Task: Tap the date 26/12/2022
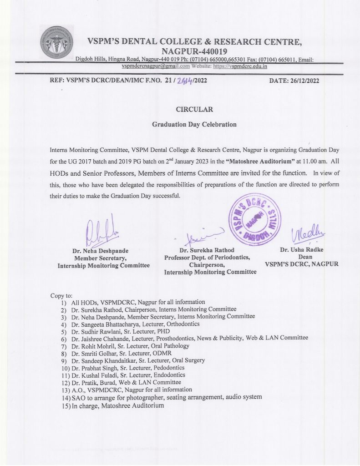[301, 81]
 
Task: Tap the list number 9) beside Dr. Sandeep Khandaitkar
[64, 360]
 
